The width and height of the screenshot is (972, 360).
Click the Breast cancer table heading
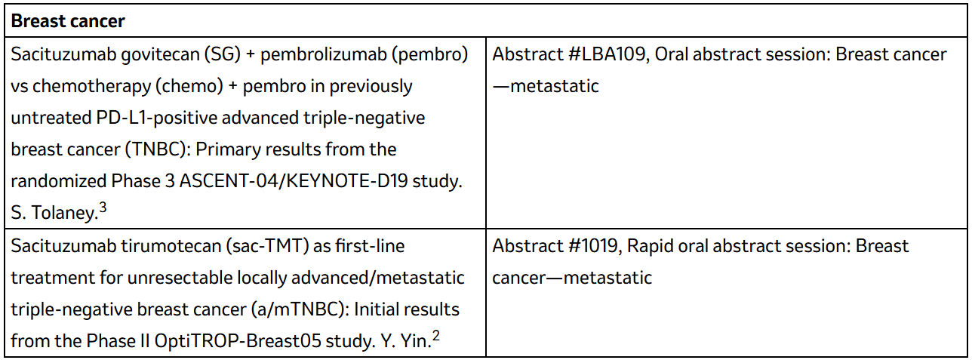tap(68, 21)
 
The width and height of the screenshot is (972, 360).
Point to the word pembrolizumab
tap(323, 54)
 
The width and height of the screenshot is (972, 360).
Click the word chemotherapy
tap(91, 87)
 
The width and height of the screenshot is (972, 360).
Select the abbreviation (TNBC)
tap(158, 149)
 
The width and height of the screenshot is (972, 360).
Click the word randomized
tap(58, 181)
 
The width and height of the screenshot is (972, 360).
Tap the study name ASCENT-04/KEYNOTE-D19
tap(294, 181)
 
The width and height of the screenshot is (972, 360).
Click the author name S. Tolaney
tap(54, 213)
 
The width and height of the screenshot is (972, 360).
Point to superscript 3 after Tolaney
tap(103, 208)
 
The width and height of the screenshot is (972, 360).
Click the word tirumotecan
tap(170, 246)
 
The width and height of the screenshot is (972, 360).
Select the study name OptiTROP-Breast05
tap(238, 341)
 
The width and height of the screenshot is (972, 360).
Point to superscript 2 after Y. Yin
tap(435, 336)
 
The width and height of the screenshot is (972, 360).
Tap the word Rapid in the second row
tap(650, 247)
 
